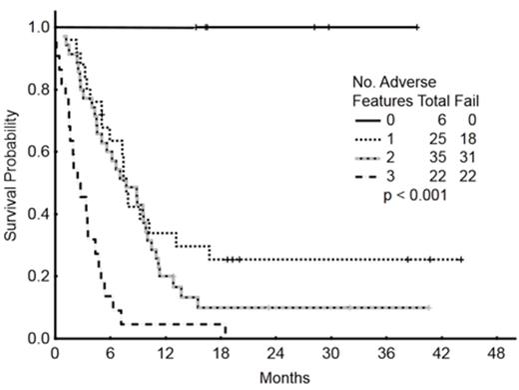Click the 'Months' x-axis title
pos(281,378)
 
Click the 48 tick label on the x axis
pos(494,354)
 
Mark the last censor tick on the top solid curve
pos(416,27)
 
